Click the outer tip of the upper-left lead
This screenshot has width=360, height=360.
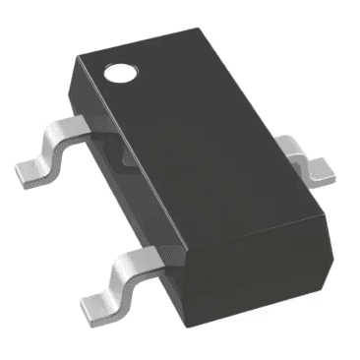pos(22,175)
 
